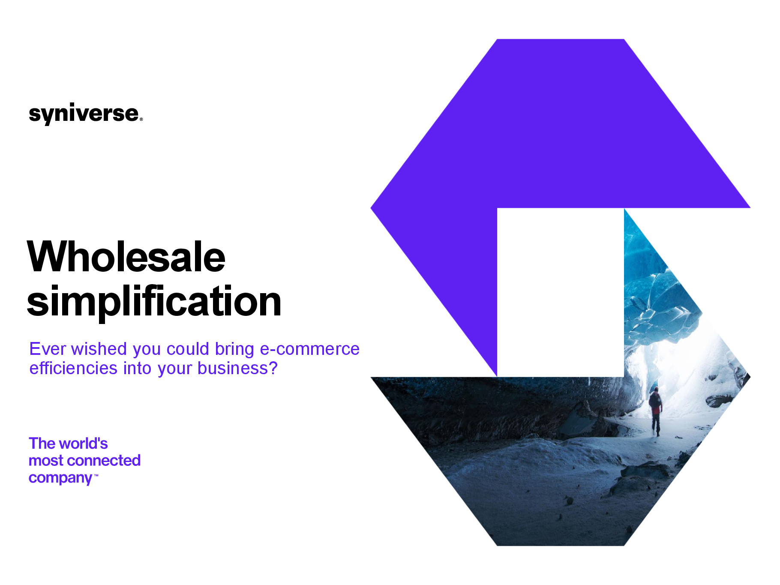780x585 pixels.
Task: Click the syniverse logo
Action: pos(86,114)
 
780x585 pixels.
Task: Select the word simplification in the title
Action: pos(154,302)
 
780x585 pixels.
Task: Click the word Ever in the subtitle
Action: pos(48,349)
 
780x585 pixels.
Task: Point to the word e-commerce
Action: pos(310,349)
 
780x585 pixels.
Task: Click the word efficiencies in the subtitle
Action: pos(73,368)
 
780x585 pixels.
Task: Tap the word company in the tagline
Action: pos(60,478)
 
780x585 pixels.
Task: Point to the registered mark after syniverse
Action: pos(141,120)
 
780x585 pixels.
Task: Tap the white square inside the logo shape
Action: pos(561,293)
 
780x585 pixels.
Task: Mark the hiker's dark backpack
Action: pos(654,401)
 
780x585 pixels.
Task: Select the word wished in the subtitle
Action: pos(99,349)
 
